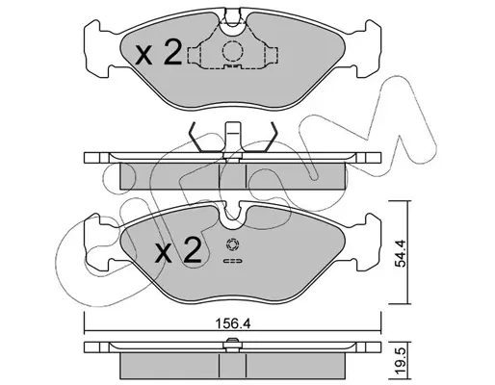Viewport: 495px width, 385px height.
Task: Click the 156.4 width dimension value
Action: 232,324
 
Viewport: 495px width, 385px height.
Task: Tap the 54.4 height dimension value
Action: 402,253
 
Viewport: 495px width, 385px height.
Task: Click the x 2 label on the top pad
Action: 158,53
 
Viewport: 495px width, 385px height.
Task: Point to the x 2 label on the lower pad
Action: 177,251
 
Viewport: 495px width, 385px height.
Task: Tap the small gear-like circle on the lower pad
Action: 232,244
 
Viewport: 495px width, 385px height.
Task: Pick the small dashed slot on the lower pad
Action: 232,261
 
